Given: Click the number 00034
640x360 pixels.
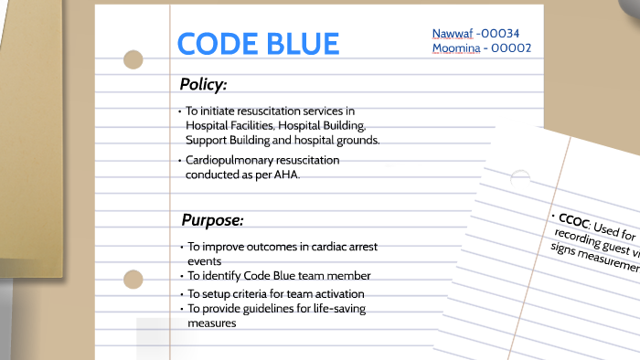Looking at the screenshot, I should pos(506,34).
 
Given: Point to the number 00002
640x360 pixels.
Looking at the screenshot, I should pos(510,48).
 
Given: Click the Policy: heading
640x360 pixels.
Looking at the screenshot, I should pos(203,85).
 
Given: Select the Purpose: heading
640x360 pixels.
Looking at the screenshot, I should pos(212,220).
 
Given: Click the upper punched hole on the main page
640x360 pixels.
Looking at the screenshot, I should pos(133,60).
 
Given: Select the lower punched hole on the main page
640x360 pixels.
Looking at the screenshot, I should pos(133,279).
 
